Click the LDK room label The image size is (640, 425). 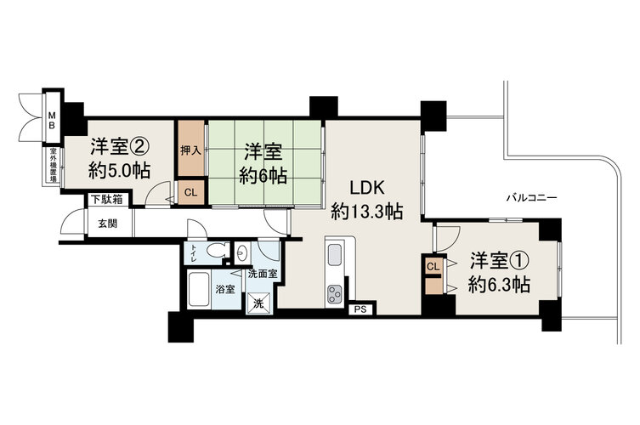[366, 188]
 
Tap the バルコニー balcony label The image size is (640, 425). [532, 198]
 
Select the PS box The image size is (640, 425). [360, 309]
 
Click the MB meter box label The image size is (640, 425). [52, 119]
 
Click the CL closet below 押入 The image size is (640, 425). [190, 192]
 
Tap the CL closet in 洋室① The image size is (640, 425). [433, 267]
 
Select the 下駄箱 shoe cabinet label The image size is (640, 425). [106, 200]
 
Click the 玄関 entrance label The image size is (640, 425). [108, 224]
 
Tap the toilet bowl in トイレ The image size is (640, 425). [217, 249]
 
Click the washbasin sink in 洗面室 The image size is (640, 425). [241, 253]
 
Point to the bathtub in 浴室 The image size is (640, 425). [199, 290]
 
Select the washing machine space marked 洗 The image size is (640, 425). [258, 303]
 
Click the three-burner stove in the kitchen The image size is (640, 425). [335, 294]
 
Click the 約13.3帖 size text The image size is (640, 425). [366, 212]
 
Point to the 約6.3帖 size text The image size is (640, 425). [499, 285]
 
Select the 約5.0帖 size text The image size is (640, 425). [120, 170]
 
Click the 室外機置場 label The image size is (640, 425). [53, 166]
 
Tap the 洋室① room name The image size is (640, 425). [500, 261]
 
